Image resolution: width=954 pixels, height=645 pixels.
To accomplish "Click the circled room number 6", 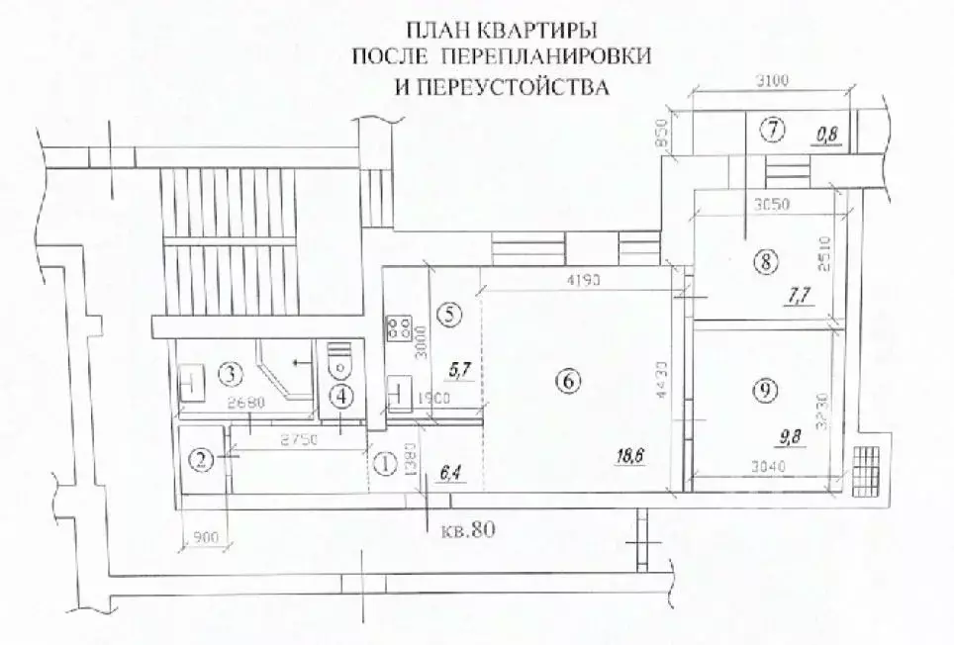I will pos(566,379).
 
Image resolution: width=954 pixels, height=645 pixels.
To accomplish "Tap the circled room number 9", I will pos(762,391).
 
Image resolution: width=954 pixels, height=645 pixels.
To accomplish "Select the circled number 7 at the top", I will pos(772,128).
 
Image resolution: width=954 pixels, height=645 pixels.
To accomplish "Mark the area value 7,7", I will pos(798,294).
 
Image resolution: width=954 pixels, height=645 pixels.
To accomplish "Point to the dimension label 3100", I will pos(769,82).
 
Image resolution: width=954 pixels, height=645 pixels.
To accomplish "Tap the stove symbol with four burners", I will pos(402,326).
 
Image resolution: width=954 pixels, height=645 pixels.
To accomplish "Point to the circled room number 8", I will pos(763,262).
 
